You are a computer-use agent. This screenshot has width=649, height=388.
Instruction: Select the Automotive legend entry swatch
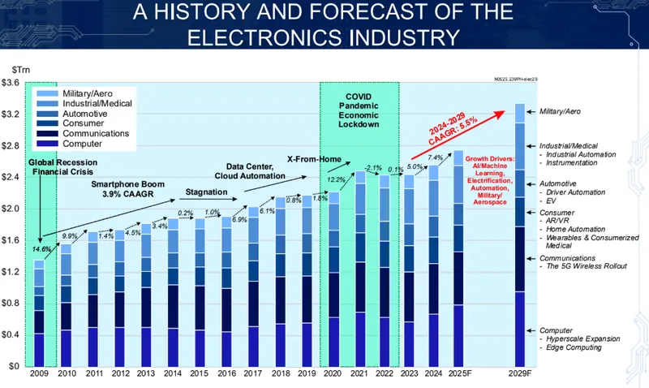coord(45,114)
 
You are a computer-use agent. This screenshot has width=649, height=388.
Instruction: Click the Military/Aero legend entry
coord(82,93)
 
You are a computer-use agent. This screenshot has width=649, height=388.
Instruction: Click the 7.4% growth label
coord(435,157)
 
